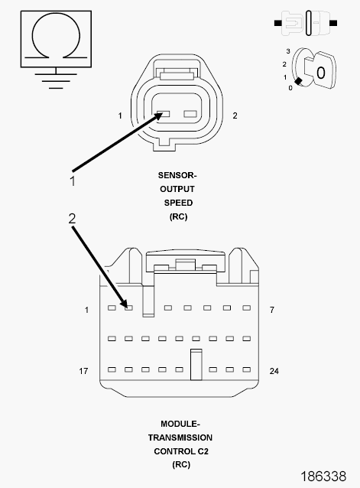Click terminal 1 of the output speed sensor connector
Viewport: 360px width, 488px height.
[x=164, y=114]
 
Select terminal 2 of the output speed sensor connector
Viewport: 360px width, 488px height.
[x=190, y=114]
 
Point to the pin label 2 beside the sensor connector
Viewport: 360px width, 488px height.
[x=235, y=115]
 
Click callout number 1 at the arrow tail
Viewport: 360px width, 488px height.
[x=73, y=181]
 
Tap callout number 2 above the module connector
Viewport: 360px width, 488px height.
[x=72, y=219]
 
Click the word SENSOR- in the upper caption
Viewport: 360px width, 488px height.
[x=177, y=175]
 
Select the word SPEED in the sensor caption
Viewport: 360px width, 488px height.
[x=178, y=203]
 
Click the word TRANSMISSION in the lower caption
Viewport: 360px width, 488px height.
[x=180, y=438]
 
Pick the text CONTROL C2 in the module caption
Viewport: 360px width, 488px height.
[x=181, y=451]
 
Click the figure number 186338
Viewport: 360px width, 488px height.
[x=323, y=477]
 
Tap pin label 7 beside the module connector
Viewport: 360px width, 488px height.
[x=272, y=310]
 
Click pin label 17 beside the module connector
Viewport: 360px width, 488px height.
[x=83, y=371]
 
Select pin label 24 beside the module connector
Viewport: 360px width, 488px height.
[x=274, y=371]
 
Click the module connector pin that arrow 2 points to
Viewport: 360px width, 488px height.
[x=128, y=307]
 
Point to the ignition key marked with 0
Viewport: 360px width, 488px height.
[x=320, y=70]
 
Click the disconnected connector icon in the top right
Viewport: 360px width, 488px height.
[x=306, y=23]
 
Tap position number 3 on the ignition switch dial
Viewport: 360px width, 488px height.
[x=288, y=51]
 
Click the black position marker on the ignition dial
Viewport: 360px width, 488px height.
[x=298, y=81]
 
